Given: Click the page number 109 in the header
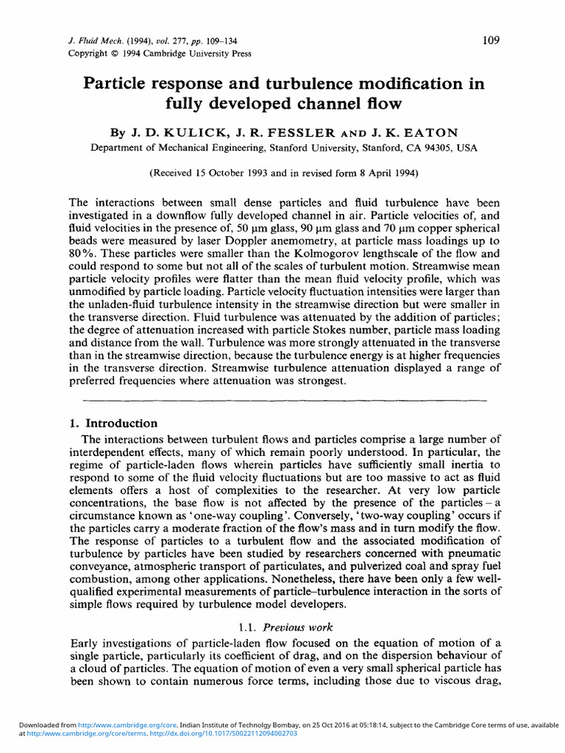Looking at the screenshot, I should (491, 40).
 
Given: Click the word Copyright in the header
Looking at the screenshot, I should (88, 54).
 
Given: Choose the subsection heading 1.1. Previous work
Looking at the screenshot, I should (286, 627).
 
